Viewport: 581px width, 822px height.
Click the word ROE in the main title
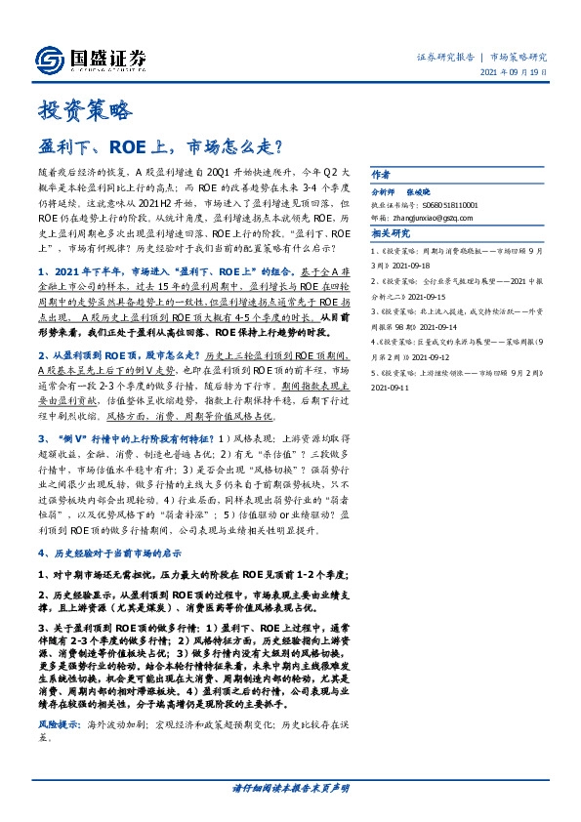click(131, 147)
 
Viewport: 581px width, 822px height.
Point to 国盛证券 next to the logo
click(111, 54)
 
